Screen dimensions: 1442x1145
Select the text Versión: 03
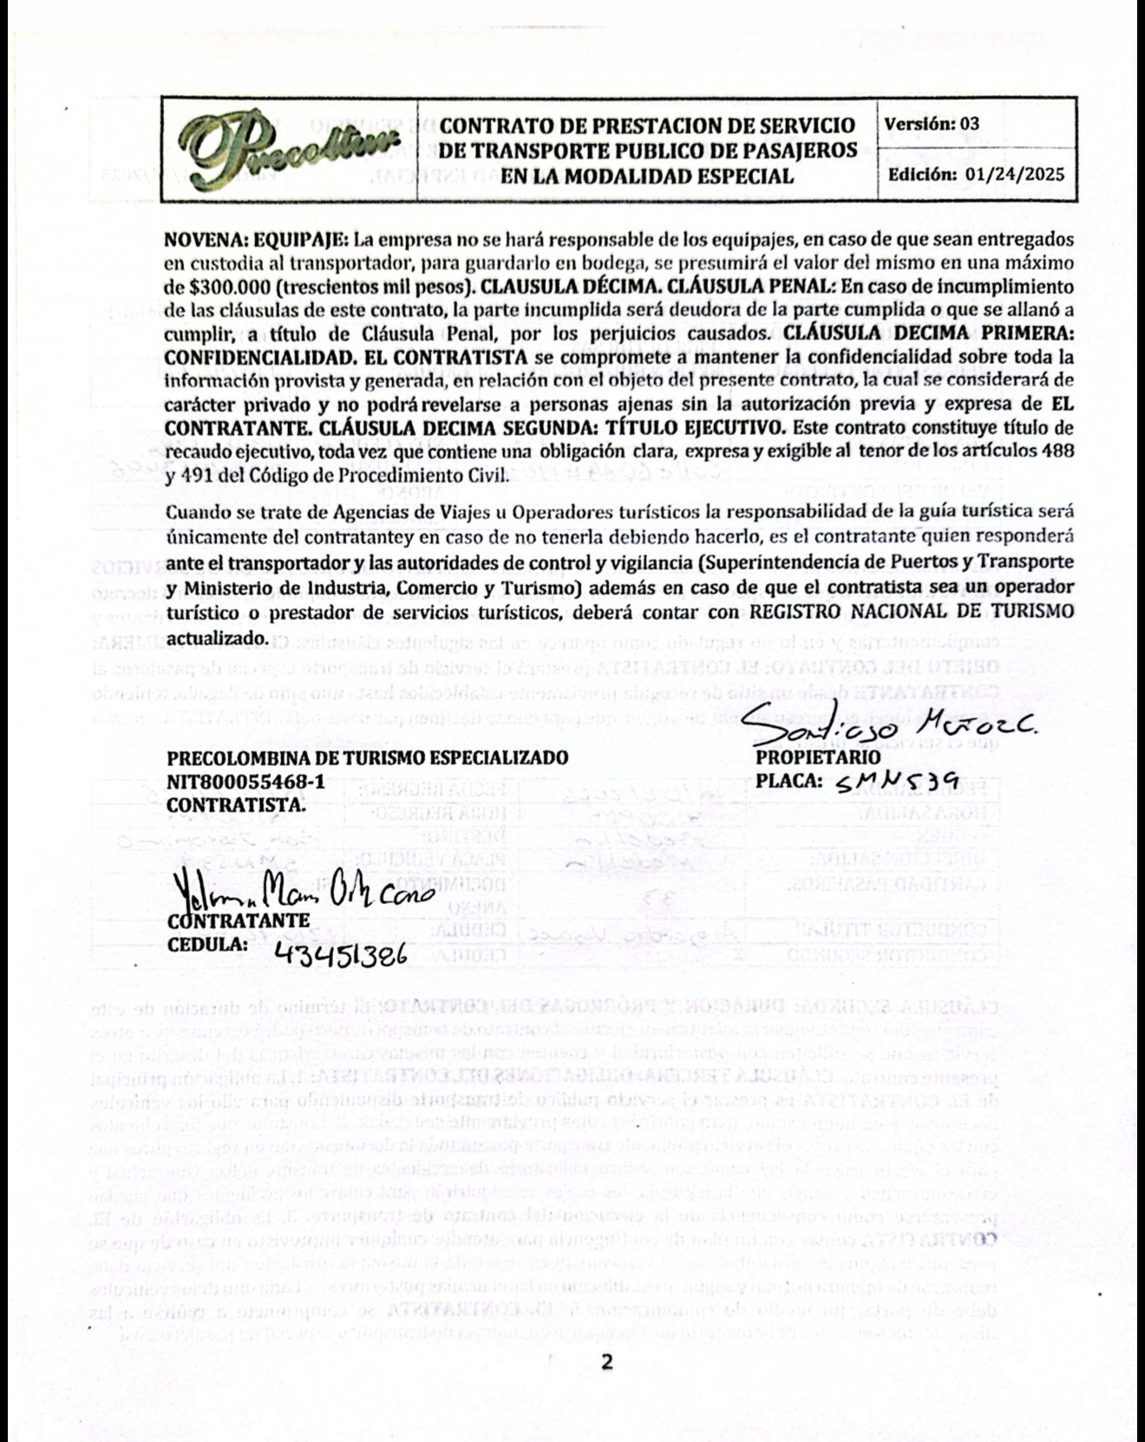(931, 123)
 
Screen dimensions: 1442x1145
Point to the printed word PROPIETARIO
(807, 757)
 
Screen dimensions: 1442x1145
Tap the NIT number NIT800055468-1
(245, 781)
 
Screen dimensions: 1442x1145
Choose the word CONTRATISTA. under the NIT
(236, 804)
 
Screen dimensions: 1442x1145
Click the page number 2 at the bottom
(606, 1361)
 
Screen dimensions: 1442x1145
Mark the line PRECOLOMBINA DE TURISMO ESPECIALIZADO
(367, 757)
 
